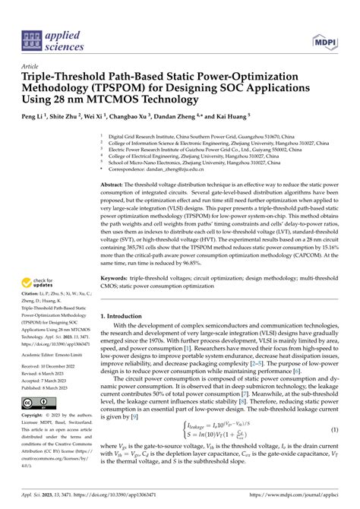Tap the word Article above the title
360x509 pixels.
pyautogui.click(x=30, y=65)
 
